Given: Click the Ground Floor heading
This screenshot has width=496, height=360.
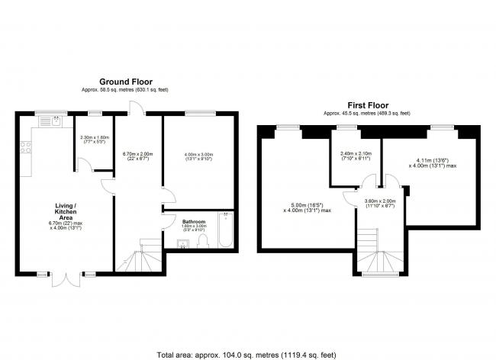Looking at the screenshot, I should point(125,81).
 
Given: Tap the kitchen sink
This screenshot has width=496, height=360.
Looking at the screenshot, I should point(56,121).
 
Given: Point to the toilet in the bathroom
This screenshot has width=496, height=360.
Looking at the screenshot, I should point(201,242).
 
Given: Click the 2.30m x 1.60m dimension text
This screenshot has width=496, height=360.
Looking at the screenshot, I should point(94,140).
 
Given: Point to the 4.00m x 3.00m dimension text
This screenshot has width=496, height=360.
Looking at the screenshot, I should point(198,157).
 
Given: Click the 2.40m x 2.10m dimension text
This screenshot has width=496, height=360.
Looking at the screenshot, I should point(356,155).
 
